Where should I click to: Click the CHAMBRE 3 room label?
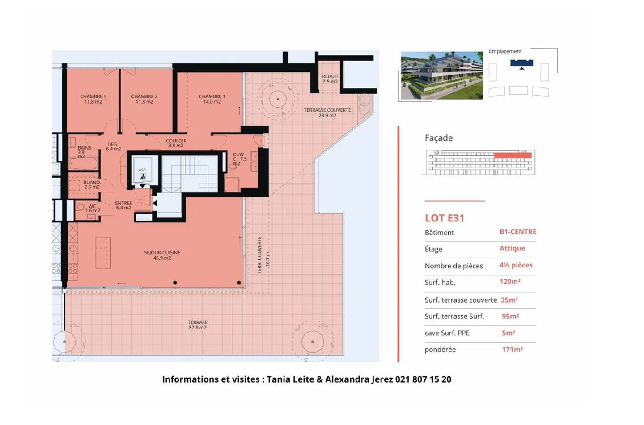(x=93, y=99)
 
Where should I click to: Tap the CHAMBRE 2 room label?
(x=144, y=99)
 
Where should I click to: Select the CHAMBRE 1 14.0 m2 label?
(x=212, y=99)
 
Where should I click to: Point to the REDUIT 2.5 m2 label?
(x=330, y=79)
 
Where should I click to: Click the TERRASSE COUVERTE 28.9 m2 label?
(x=327, y=112)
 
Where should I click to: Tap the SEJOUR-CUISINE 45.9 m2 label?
(x=162, y=255)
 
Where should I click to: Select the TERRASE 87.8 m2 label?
(x=197, y=325)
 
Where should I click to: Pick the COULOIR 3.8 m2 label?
(x=176, y=143)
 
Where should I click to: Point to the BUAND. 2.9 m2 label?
(x=92, y=185)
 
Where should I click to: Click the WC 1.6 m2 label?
(x=92, y=208)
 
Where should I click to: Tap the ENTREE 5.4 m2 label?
(x=123, y=205)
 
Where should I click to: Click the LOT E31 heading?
(x=444, y=218)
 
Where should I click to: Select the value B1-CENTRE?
(x=517, y=232)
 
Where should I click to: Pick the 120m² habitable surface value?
(x=510, y=282)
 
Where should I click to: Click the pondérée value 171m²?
(x=512, y=350)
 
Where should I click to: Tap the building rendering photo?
(x=441, y=75)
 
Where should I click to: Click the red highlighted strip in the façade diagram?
(x=513, y=155)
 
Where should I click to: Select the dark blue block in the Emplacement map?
(x=521, y=63)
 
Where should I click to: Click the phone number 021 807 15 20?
(x=423, y=379)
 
